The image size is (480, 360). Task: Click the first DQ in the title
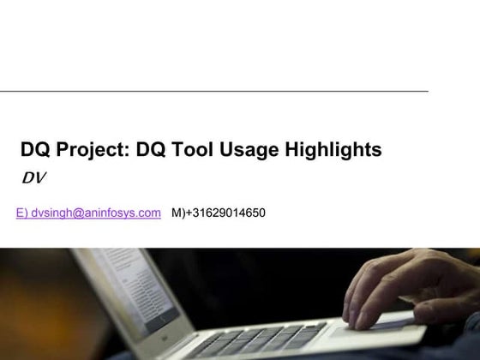(35, 150)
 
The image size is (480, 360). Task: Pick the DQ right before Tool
(154, 150)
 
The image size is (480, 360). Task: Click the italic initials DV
(33, 178)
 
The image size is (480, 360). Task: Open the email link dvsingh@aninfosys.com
(95, 213)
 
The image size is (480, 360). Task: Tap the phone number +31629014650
(225, 213)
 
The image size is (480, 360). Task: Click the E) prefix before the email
(21, 213)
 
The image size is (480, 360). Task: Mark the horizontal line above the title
(214, 91)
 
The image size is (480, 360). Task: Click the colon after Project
(129, 152)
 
